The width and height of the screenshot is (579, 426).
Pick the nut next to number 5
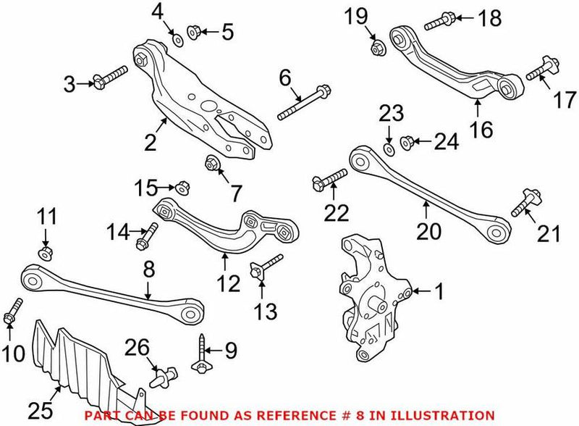tap(193, 32)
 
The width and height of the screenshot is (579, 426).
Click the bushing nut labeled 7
tap(212, 163)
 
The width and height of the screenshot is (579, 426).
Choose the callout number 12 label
tap(229, 283)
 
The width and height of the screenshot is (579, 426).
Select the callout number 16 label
tap(481, 130)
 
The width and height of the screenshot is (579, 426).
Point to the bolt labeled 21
tap(523, 204)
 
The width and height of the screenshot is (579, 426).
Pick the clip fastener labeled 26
tap(161, 377)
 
